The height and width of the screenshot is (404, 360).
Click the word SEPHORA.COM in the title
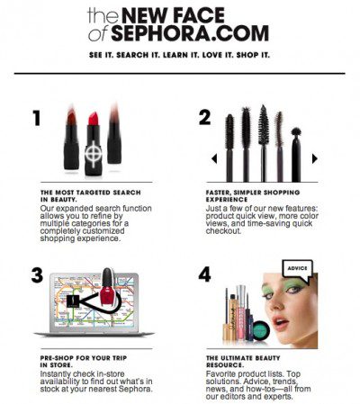(190, 33)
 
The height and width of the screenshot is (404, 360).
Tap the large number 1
(37, 118)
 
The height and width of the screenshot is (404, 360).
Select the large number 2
(204, 117)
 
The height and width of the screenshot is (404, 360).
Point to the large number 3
(37, 275)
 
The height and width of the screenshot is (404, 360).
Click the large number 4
(204, 274)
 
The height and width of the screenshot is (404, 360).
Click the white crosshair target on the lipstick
(94, 154)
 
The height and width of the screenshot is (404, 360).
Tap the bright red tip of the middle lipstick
(94, 119)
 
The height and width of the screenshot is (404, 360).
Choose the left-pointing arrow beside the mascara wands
(214, 158)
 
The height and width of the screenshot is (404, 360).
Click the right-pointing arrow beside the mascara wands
(315, 158)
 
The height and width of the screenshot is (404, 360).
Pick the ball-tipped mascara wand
(296, 155)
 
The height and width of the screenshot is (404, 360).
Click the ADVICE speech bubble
(298, 270)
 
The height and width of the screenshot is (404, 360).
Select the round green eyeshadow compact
(261, 330)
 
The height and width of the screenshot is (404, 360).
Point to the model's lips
(282, 322)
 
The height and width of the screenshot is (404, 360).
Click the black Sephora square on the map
(73, 301)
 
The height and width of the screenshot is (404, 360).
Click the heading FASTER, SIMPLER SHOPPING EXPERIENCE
(253, 196)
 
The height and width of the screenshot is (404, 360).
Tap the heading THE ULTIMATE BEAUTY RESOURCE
(243, 362)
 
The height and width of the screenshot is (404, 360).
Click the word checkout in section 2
(223, 231)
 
